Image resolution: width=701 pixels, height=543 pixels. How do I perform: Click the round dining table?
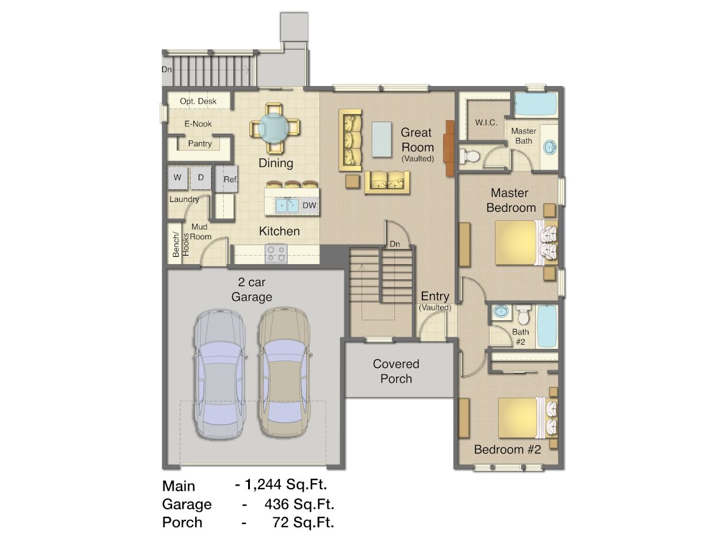[x=274, y=128]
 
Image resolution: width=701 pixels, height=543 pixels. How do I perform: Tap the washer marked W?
[x=177, y=178]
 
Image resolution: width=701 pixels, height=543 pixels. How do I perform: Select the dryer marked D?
[x=201, y=178]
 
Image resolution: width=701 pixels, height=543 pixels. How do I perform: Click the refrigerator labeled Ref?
[x=227, y=179]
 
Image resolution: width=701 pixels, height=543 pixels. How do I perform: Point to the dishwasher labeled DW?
[x=309, y=206]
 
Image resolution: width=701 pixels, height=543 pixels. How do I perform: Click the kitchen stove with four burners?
[x=276, y=253]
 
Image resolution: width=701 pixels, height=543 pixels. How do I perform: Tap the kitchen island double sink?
[x=287, y=206]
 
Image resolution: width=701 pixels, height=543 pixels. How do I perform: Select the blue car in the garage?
[x=219, y=373]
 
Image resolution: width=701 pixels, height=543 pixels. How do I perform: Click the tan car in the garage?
[x=284, y=372]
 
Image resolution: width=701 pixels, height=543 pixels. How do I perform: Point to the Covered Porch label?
[x=396, y=371]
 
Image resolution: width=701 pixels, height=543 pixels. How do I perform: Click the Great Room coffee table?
[x=382, y=139]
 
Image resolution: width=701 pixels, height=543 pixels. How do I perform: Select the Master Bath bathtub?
[x=535, y=104]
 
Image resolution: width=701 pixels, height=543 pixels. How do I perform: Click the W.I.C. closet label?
[x=486, y=123]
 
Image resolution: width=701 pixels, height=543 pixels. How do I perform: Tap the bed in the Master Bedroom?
[x=526, y=242]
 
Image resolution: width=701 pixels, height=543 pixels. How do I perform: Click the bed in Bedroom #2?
[x=528, y=418]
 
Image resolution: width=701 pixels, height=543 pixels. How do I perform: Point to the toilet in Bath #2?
[x=524, y=315]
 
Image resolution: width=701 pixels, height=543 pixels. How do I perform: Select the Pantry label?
[x=200, y=144]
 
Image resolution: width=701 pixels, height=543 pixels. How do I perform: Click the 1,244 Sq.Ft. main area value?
[x=286, y=484]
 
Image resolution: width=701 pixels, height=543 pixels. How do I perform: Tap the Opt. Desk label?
[x=198, y=101]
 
